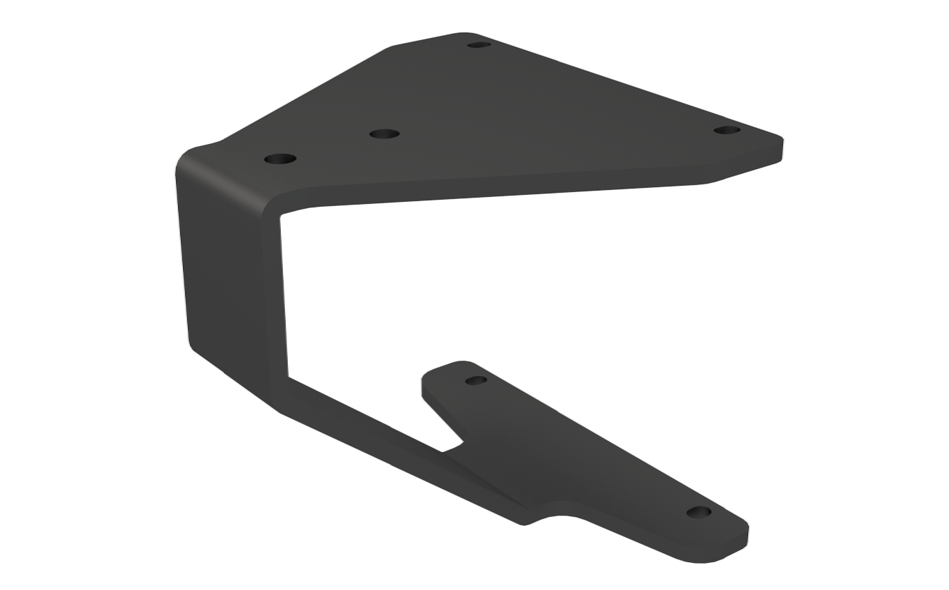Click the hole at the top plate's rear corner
(478, 44)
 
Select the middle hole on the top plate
(384, 133)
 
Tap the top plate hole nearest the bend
(281, 159)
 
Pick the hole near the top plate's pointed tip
(727, 130)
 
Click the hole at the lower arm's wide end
(476, 380)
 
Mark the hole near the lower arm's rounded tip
(699, 512)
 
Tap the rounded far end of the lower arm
(743, 532)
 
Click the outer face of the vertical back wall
(225, 270)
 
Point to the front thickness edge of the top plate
(499, 190)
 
